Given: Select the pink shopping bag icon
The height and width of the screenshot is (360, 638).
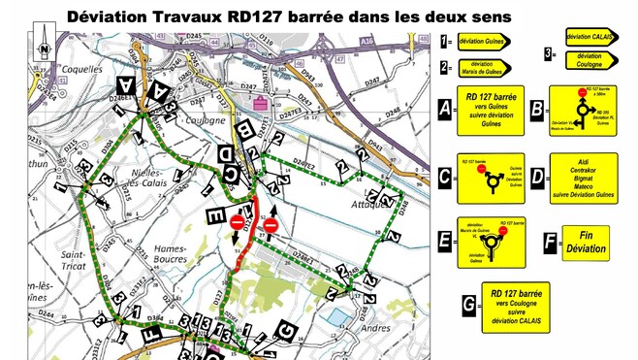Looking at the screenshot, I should pos(259,100).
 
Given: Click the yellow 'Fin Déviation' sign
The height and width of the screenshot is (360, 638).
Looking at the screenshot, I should pos(588,243).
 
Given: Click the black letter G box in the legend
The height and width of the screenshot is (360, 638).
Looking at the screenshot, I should pos(468,305).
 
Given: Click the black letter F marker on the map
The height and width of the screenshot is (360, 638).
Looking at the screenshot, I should pos(146,333).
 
